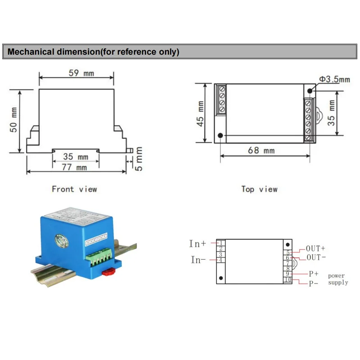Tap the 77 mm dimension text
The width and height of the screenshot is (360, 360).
point(75,167)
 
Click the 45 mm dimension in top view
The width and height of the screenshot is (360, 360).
point(201,113)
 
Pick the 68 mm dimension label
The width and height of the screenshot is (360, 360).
point(261,151)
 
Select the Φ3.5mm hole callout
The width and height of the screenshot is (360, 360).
point(334,79)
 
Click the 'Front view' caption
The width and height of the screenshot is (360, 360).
point(74,189)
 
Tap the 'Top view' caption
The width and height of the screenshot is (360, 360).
point(259,189)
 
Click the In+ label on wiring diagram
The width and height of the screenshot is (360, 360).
point(198,243)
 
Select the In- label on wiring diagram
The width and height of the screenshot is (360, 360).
point(198,260)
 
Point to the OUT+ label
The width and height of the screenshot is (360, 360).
point(315,248)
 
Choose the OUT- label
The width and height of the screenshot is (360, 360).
point(315,257)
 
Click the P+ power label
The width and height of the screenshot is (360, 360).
point(313,273)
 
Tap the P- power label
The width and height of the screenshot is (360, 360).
point(313,283)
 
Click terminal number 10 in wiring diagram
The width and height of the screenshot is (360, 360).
point(288,280)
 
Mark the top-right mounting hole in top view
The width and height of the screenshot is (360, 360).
point(310,91)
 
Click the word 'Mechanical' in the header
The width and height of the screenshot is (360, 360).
point(31,52)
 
